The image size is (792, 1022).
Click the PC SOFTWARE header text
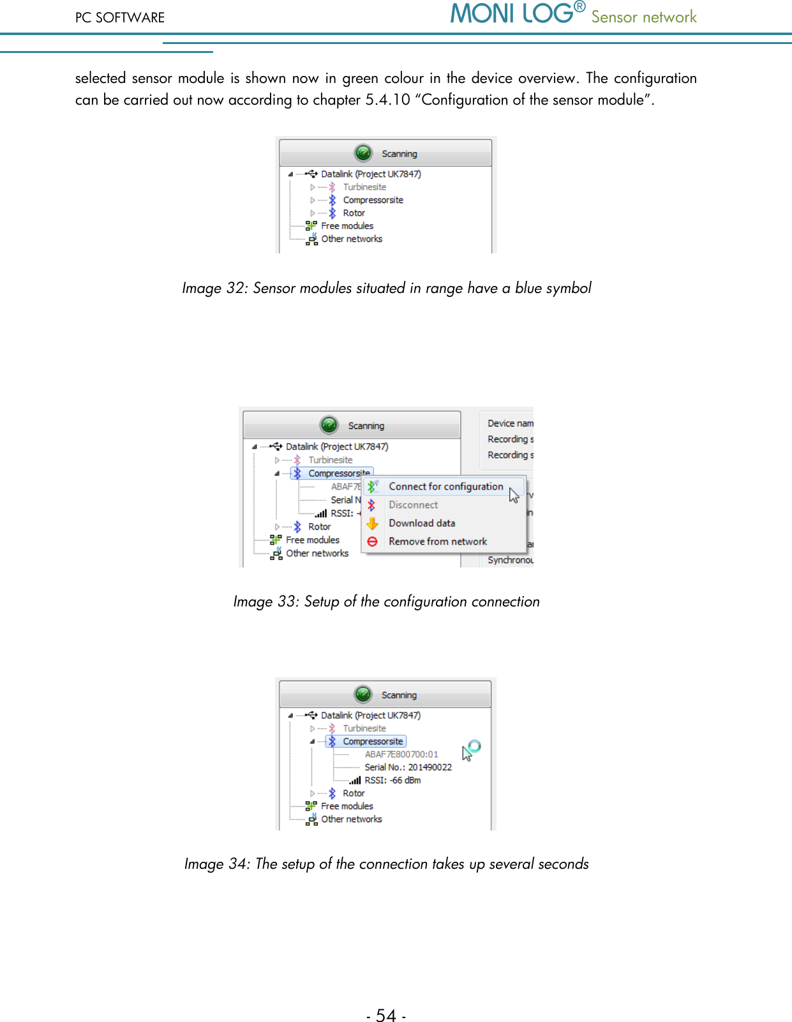click(120, 18)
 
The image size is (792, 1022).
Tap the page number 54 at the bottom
click(386, 1015)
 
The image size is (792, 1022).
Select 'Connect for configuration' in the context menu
click(446, 486)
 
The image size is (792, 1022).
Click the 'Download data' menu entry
click(422, 523)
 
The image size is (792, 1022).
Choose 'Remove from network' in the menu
click(438, 541)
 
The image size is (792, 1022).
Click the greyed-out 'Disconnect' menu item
click(413, 505)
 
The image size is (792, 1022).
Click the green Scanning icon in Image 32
click(364, 153)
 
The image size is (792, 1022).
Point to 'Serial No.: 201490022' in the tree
click(408, 767)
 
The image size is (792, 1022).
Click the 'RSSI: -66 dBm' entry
click(392, 780)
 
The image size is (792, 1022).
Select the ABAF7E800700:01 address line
click(401, 754)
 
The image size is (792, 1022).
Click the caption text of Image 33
click(386, 601)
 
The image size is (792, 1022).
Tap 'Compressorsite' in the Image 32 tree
click(373, 200)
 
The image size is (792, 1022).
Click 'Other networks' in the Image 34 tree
click(351, 819)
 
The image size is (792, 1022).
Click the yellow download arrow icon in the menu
click(373, 523)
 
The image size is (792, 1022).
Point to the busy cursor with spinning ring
click(470, 750)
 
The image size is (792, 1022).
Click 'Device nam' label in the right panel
click(510, 423)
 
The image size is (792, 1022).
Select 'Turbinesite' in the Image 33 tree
click(330, 460)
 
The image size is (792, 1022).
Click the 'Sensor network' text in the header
click(643, 17)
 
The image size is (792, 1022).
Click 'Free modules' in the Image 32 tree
click(347, 226)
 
